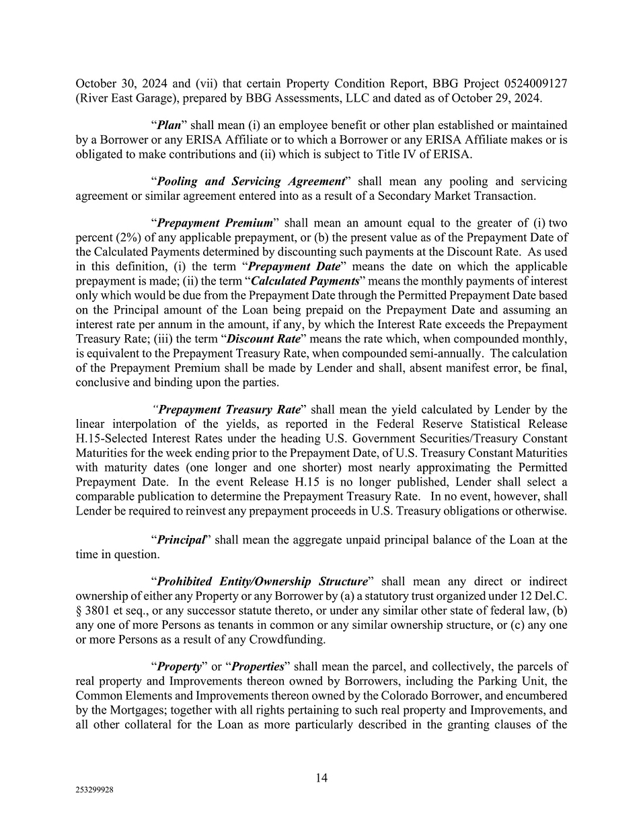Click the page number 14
(321, 778)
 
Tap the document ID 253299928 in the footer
(94, 791)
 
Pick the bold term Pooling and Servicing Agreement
(250, 182)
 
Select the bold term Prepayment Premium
(215, 223)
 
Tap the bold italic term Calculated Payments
(305, 281)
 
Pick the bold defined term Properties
(258, 667)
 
